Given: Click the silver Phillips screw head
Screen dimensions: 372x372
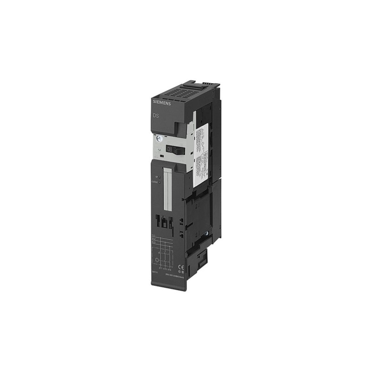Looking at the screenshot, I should click(x=159, y=138).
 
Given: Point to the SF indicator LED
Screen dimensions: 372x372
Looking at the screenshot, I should click(x=159, y=177).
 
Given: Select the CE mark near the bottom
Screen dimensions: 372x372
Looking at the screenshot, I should click(x=182, y=267).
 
